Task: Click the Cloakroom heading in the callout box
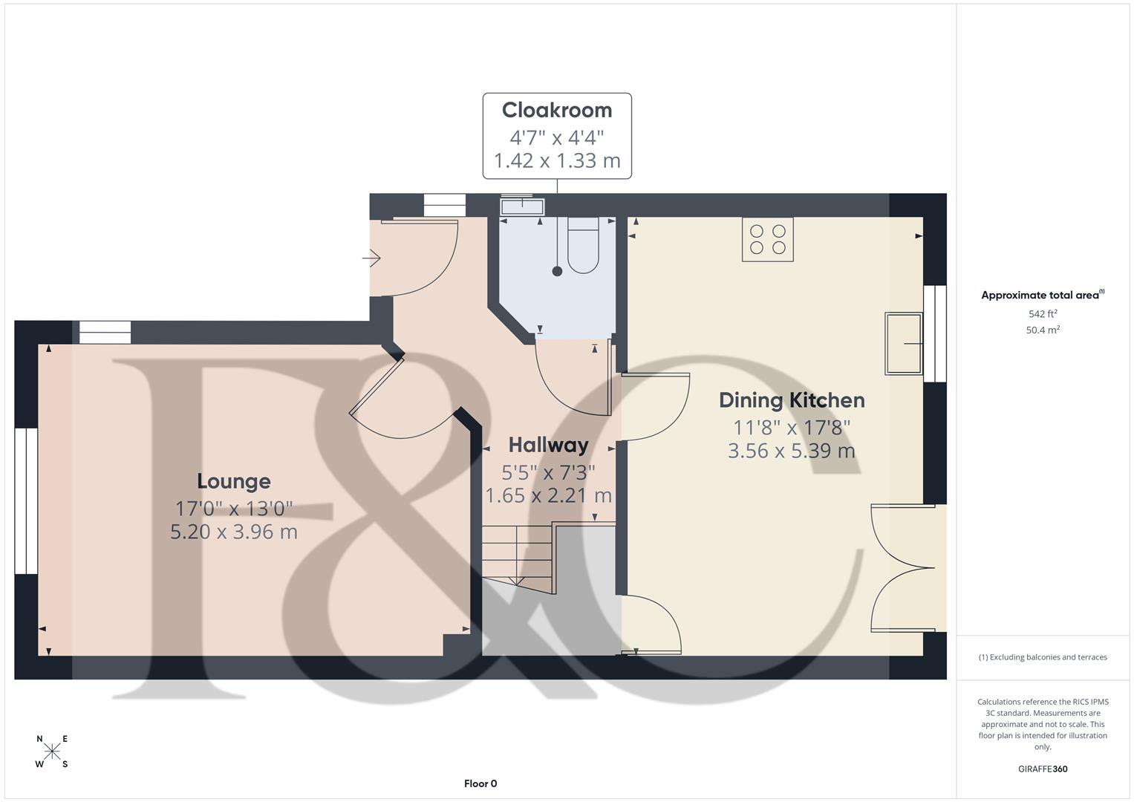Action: click(x=557, y=110)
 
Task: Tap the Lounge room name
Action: click(x=234, y=481)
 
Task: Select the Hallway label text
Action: click(x=548, y=445)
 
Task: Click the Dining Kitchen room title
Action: click(x=792, y=400)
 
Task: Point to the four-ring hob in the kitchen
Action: click(x=768, y=239)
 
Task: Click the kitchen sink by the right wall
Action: click(x=903, y=343)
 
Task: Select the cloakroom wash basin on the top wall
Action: click(x=523, y=205)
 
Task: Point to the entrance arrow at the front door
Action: click(x=371, y=258)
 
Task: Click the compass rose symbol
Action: click(x=52, y=752)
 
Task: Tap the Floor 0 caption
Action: click(x=480, y=783)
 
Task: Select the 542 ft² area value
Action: click(x=1043, y=314)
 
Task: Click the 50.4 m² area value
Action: click(x=1043, y=330)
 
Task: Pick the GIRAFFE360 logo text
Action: click(x=1043, y=769)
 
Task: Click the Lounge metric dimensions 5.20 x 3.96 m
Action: click(x=234, y=532)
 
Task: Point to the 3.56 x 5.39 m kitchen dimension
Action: click(x=792, y=451)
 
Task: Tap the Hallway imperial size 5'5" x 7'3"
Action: click(x=548, y=472)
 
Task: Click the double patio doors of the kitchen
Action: click(x=903, y=569)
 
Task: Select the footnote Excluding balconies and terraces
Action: click(x=1043, y=657)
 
